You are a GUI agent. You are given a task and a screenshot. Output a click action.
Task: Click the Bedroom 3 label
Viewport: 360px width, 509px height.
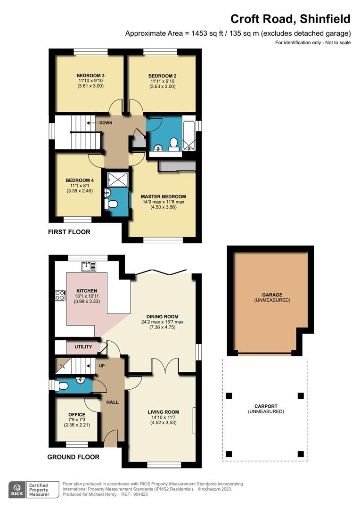90,75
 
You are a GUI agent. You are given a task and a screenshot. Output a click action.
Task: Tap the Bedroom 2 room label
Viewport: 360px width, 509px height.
162,76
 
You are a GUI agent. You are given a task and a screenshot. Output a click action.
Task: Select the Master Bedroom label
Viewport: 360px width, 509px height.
164,197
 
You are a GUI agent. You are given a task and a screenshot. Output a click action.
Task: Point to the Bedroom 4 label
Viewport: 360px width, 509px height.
80,180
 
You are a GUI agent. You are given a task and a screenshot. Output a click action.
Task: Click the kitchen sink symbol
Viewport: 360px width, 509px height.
89,267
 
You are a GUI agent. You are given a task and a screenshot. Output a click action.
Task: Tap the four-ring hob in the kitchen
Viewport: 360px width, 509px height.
60,295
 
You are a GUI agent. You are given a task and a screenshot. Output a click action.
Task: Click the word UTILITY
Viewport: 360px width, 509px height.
83,347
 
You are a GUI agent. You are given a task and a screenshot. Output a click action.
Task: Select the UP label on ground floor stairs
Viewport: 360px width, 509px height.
102,366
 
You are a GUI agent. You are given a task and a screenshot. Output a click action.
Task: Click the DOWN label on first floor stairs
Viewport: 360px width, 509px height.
106,123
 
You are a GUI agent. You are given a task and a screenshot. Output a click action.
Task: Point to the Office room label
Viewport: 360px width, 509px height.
77,415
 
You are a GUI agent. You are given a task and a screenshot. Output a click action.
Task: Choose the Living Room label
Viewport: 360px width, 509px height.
164,412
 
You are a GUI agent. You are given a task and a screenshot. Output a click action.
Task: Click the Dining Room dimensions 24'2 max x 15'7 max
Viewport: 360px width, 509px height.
162,322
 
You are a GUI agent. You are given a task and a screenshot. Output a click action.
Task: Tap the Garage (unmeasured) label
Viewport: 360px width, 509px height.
272,297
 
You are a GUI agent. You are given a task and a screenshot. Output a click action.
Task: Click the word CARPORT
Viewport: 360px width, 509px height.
266,406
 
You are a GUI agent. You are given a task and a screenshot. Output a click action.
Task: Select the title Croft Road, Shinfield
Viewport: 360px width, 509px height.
291,19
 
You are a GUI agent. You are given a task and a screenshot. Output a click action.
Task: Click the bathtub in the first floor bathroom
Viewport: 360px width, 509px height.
189,136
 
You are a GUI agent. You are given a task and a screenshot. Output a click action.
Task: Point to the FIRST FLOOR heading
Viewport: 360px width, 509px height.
69,232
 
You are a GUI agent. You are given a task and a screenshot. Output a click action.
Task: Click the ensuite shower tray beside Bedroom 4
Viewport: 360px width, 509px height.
118,179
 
